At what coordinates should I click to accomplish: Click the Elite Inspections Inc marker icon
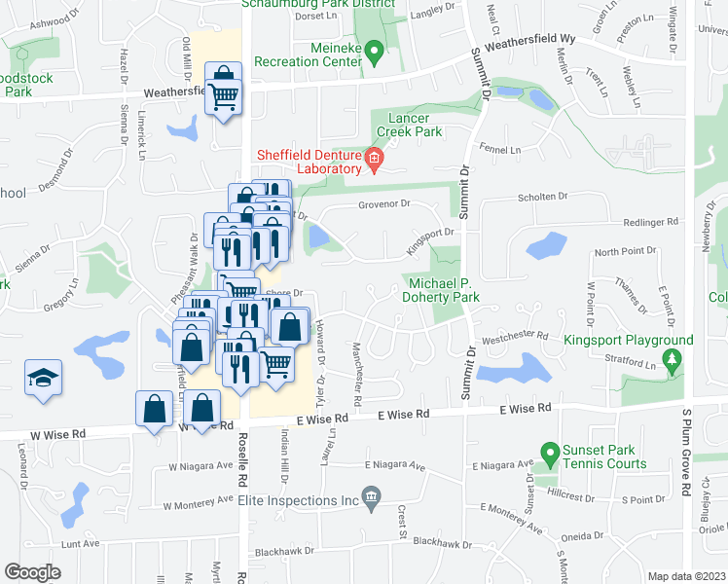point(370,499)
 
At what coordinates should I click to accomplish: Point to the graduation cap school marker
point(42,380)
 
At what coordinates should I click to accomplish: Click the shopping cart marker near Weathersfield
point(224,93)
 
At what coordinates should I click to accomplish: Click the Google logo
point(32,571)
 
